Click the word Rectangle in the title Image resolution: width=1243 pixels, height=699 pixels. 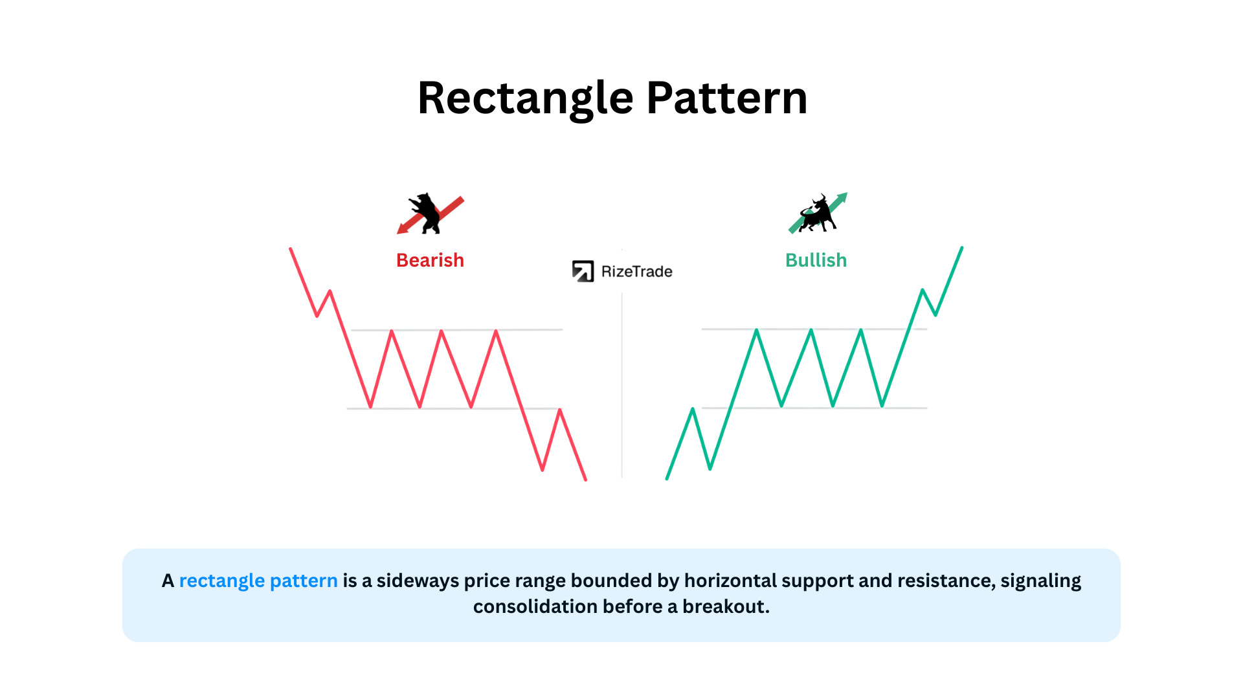(x=526, y=99)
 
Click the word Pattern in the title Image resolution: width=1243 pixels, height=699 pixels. (x=727, y=98)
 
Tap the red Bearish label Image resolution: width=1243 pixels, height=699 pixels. (x=430, y=260)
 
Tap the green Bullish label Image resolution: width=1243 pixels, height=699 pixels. (x=816, y=260)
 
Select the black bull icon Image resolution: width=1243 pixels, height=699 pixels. (x=818, y=214)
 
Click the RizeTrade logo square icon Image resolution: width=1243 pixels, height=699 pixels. (x=583, y=271)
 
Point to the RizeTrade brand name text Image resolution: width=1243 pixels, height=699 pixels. (x=636, y=272)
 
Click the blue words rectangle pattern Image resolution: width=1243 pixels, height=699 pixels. (x=258, y=581)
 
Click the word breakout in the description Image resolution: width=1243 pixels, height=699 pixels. (x=726, y=606)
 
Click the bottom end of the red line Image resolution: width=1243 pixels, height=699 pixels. (x=586, y=480)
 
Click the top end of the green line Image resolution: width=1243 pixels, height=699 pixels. (x=962, y=248)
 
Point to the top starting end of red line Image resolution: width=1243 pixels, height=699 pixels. (x=291, y=249)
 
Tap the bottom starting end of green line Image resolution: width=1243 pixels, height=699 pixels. (x=667, y=478)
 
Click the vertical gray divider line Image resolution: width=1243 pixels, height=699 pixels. (x=622, y=385)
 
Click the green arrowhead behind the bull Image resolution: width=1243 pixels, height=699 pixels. (x=842, y=197)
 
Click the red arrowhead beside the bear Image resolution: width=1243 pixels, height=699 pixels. (x=403, y=227)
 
